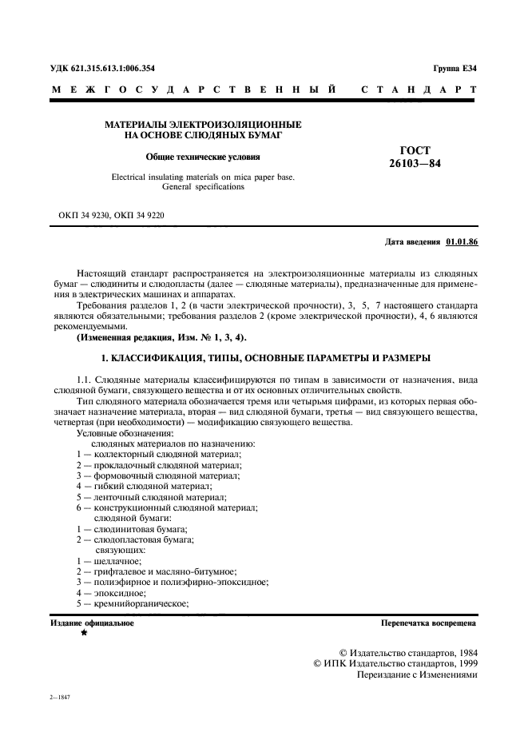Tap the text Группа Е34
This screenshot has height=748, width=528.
click(455, 70)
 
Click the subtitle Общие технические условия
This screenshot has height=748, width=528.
click(203, 157)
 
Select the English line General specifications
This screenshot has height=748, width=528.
click(203, 187)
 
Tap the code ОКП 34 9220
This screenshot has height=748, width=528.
click(139, 216)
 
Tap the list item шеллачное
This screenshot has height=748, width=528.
click(118, 561)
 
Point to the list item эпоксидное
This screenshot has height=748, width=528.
click(120, 594)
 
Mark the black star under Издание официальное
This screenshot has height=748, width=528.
click(82, 632)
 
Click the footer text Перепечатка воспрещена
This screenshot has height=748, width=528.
click(429, 621)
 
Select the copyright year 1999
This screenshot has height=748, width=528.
click(462, 662)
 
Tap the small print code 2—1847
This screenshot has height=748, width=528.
click(60, 698)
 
